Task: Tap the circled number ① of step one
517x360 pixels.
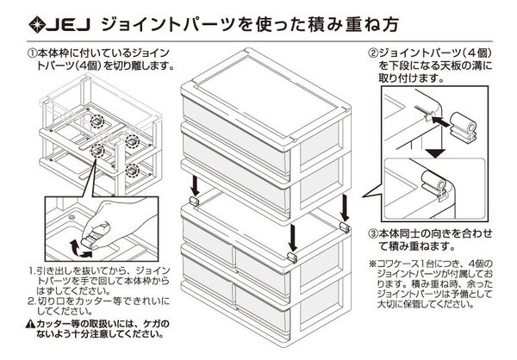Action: point(32,53)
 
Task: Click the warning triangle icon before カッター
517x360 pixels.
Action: point(31,323)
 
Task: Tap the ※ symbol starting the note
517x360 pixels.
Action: point(373,264)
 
